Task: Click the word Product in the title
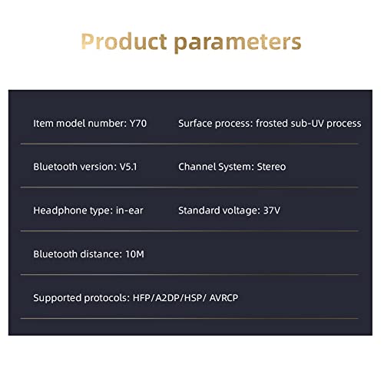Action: coord(124,41)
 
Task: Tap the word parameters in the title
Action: coord(238,43)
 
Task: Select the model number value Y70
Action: coord(138,124)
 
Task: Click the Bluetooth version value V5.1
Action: coord(128,167)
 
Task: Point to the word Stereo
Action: coord(271,167)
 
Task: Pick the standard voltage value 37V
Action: coord(272,210)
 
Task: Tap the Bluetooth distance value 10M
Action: coord(134,254)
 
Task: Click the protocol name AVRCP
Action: coord(223,298)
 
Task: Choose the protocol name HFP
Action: coord(141,298)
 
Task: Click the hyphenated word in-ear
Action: coord(130,210)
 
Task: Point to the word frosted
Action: coord(272,124)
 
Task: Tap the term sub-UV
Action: coord(307,124)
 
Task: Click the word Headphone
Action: coord(60,211)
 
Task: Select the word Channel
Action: coord(197,167)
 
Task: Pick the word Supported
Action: coord(58,298)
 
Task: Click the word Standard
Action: coord(199,210)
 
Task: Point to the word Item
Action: coord(43,124)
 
